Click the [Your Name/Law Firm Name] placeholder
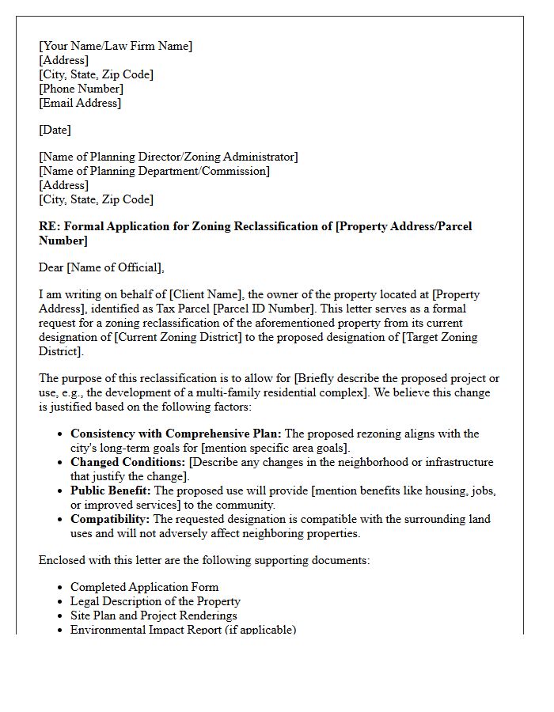coord(116,46)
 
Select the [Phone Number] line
coord(81,89)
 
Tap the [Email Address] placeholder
coord(80,103)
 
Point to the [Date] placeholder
coord(55,130)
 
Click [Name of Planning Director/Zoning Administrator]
coord(169,157)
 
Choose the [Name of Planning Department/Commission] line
coord(154,171)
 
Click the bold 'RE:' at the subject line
coord(49,226)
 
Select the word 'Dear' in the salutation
coord(51,267)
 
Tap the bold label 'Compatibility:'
coord(110,519)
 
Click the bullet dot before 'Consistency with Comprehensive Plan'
coord(62,434)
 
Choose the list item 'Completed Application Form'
coord(144,587)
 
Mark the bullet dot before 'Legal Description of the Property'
coord(62,602)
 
